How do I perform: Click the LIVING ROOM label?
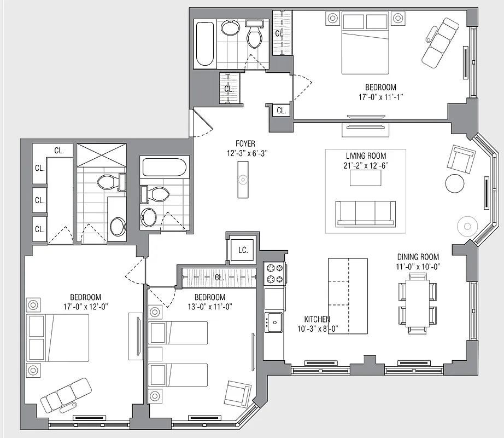tap(365, 155)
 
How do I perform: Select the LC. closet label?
tap(243, 250)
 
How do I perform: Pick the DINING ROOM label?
tap(418, 257)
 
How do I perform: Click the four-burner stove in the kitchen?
tap(274, 274)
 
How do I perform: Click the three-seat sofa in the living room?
tap(365, 213)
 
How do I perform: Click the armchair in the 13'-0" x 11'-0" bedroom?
tap(238, 394)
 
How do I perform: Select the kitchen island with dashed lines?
tap(347, 296)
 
